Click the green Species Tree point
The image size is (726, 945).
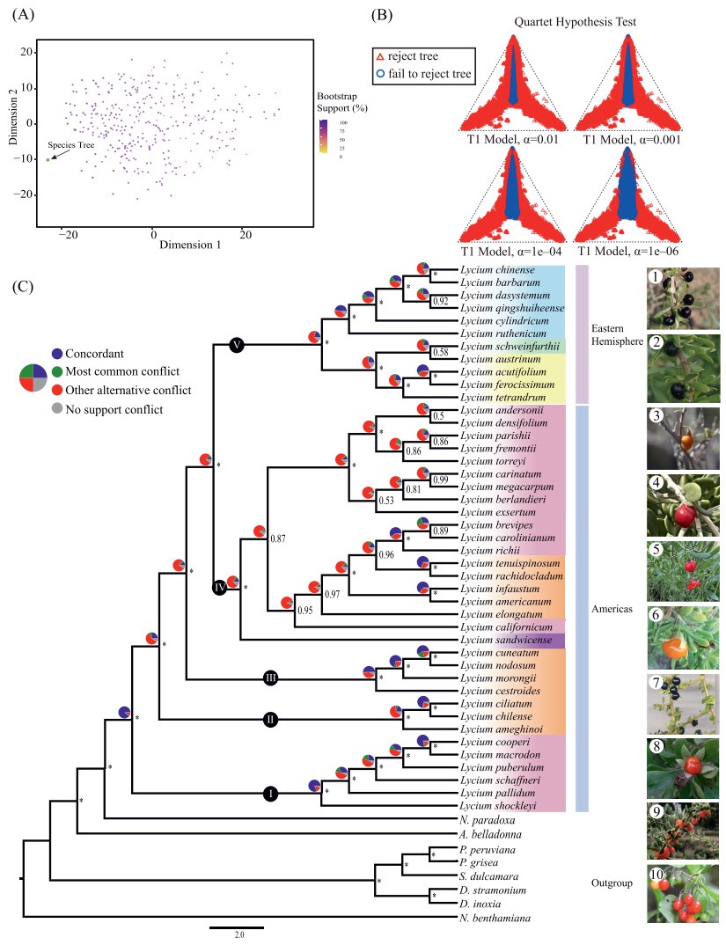point(48,160)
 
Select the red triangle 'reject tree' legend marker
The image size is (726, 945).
point(380,56)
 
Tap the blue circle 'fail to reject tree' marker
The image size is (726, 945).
point(380,74)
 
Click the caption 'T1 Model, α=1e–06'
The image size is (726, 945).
point(627,252)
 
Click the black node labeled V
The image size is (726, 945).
point(237,345)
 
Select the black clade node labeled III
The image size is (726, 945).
point(271,678)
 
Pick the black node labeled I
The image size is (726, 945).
point(271,794)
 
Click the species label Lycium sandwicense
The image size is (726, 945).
point(506,640)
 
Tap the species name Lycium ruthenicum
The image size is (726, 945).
point(502,333)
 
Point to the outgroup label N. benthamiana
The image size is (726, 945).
point(495,919)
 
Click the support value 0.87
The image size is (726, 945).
point(278,538)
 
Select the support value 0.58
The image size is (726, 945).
point(441,353)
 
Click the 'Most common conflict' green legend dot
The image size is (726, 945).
point(57,372)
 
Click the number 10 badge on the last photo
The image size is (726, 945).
point(656,874)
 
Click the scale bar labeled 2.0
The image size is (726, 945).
point(237,927)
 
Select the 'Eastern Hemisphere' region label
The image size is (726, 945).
point(617,334)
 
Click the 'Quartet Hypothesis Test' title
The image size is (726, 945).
point(576,22)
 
